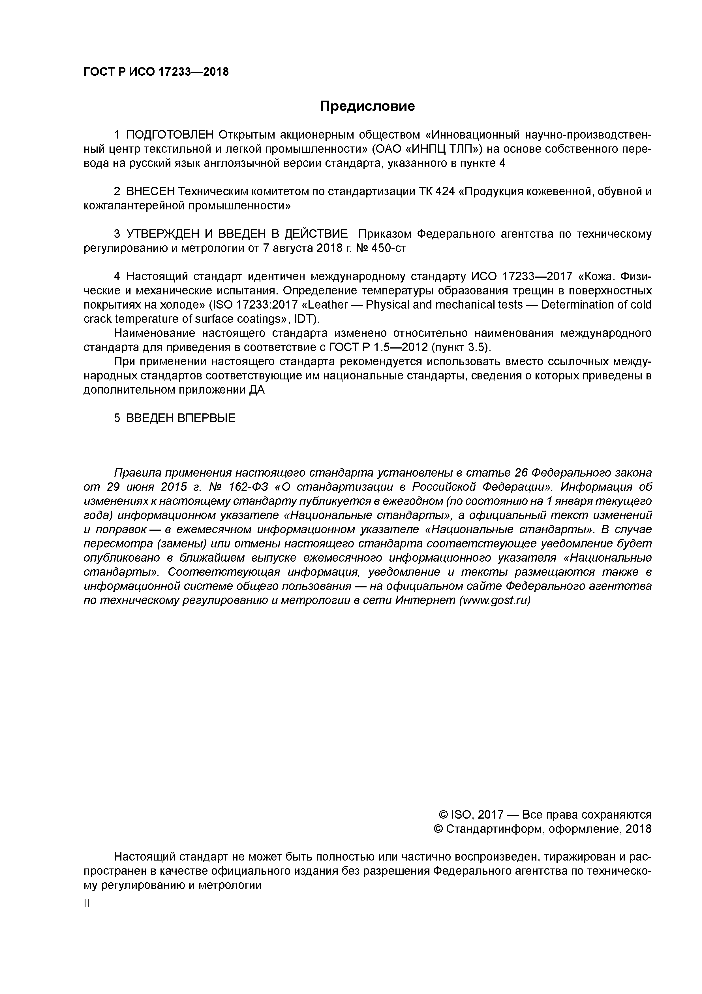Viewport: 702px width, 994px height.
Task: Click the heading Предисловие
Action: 367,106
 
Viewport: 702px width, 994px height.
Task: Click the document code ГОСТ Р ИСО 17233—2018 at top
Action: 156,72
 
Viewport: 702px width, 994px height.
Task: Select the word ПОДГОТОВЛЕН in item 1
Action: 170,135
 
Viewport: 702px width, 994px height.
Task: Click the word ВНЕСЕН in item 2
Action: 151,191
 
